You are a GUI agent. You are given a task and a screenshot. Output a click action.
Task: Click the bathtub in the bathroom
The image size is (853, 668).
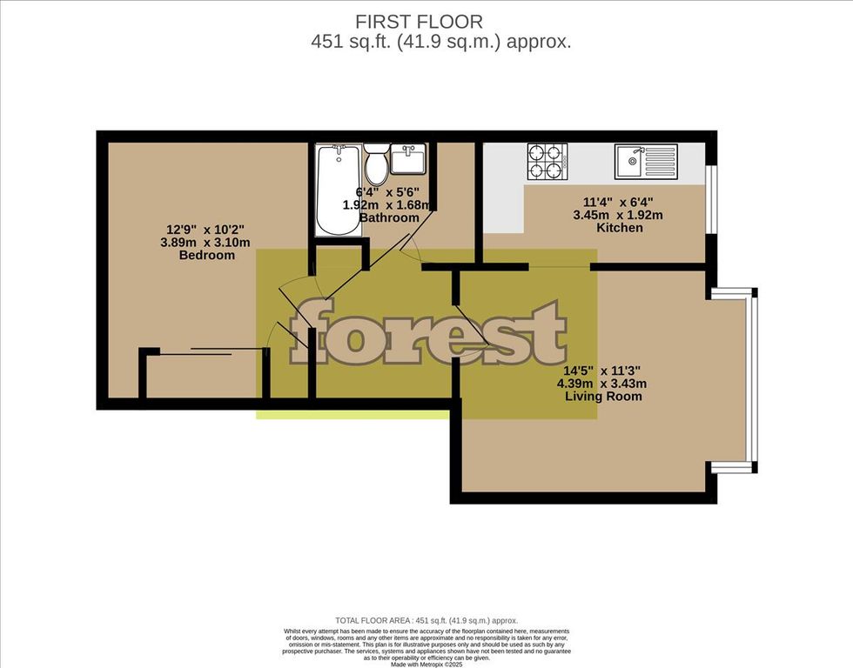(337, 190)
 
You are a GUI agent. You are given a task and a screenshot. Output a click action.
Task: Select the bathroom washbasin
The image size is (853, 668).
(407, 161)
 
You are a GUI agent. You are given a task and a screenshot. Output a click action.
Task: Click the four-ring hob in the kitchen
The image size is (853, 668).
(546, 160)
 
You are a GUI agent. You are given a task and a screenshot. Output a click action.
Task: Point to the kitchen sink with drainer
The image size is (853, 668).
(646, 160)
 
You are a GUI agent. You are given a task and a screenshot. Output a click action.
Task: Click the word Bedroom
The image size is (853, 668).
(207, 255)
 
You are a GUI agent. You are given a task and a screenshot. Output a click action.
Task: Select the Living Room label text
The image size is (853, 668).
(603, 396)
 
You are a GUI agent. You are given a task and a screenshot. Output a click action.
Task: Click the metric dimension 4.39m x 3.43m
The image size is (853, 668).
(603, 383)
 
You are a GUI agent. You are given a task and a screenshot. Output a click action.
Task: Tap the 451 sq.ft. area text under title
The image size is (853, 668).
(442, 42)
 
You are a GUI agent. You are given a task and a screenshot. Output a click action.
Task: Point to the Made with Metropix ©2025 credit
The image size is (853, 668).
(426, 664)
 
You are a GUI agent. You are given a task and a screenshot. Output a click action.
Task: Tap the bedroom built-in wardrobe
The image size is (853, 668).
(204, 374)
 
